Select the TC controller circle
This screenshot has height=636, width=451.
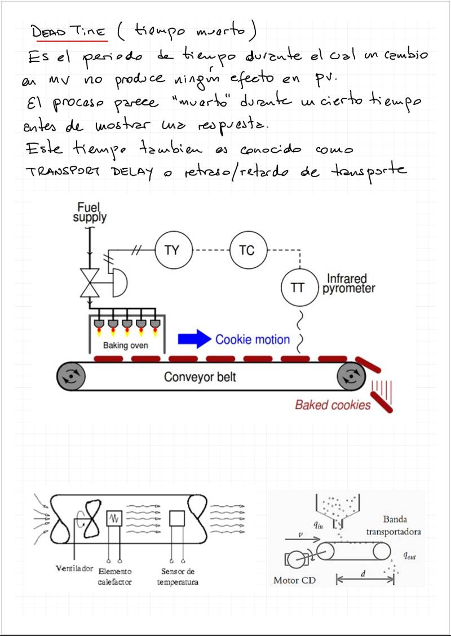tap(247, 250)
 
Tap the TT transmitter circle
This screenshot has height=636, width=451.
tap(298, 288)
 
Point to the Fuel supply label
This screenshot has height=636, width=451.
tap(89, 212)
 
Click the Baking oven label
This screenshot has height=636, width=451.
tap(125, 345)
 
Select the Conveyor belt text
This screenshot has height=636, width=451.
tap(200, 377)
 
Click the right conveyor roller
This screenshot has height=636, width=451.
tap(351, 376)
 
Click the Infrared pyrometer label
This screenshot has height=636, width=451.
tap(349, 284)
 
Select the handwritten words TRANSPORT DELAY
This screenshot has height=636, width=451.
tap(90, 171)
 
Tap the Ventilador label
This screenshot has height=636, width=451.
tap(74, 568)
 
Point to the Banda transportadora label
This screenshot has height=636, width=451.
tap(393, 525)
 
